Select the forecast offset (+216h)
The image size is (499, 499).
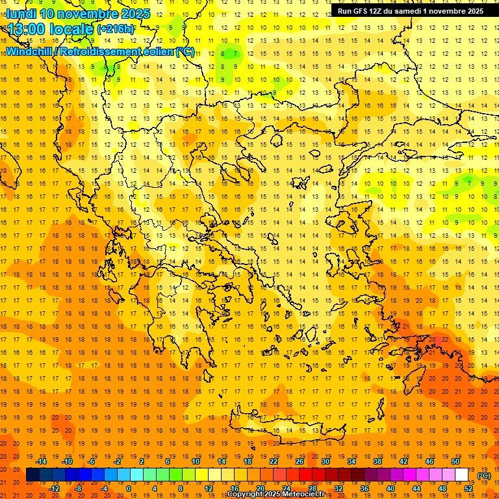tap(116, 29)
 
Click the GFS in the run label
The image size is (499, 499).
tap(361, 11)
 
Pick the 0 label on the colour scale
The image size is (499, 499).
tap(128, 489)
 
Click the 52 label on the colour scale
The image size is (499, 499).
tap(469, 489)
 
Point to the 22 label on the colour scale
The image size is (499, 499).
tap(274, 461)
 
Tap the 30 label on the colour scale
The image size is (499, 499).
tap(326, 461)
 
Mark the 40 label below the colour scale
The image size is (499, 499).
tap(390, 489)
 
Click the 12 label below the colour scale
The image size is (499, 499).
tap(209, 489)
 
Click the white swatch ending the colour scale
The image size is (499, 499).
tap(462, 475)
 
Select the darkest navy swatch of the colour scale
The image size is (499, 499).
tap(33, 475)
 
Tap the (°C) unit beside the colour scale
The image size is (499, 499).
tap(484, 476)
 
